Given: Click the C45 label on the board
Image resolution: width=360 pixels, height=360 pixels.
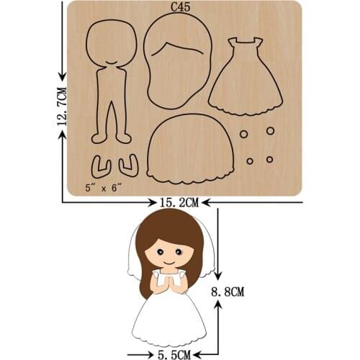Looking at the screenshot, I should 180,9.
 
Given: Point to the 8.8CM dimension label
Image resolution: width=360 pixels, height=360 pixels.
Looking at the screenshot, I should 231,292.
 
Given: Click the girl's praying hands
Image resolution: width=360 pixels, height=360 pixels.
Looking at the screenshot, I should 171,286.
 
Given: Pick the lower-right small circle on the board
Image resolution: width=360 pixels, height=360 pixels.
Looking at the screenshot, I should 269,158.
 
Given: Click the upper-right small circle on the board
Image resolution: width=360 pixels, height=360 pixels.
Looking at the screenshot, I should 270,131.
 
